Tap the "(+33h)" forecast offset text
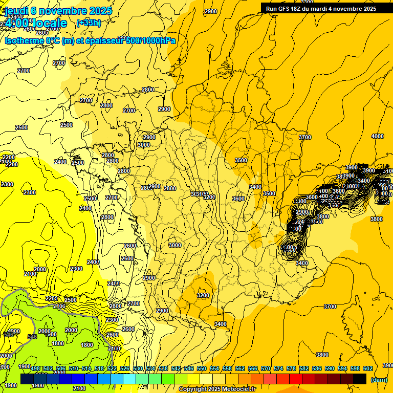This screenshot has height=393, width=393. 89,23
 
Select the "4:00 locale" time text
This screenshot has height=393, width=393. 36,24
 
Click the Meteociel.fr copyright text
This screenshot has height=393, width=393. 217,389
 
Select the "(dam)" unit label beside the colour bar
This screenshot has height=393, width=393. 378,380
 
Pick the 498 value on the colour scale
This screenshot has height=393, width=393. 35,368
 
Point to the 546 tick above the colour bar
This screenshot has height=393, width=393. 188,368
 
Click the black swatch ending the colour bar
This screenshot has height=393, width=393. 360,379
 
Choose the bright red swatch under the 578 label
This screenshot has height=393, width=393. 296,379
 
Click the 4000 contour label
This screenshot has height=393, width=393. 377,136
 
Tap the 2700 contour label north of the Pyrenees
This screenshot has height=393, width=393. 134,303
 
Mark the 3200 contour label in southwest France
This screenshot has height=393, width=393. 203,295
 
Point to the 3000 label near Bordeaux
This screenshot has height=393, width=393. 175,245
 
